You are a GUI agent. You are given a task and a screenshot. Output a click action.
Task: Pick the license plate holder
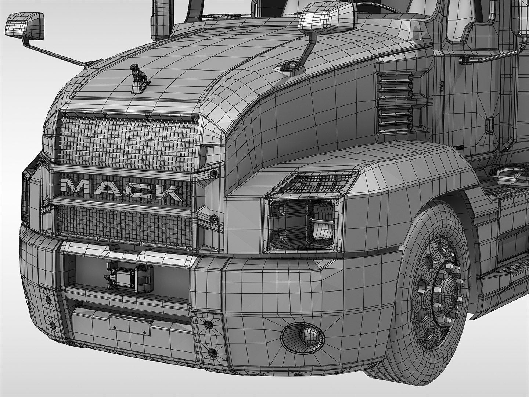[130, 324]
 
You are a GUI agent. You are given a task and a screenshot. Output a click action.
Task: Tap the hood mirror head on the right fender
[327, 17]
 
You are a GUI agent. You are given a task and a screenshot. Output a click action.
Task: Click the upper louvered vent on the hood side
[395, 84]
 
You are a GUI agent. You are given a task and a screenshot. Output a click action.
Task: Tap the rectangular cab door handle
[489, 125]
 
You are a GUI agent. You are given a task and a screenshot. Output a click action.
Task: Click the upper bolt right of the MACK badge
[213, 173]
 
